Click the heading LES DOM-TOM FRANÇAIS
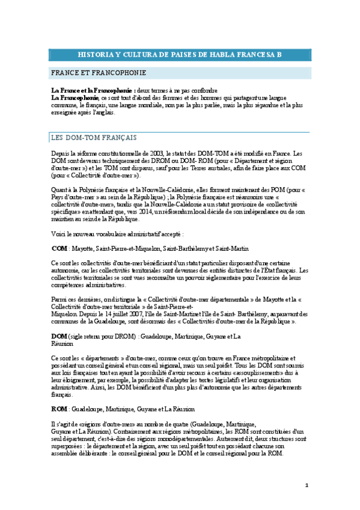94,137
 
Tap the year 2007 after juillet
127,322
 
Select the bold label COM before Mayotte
59,248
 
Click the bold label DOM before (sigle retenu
59,335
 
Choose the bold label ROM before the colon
59,408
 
